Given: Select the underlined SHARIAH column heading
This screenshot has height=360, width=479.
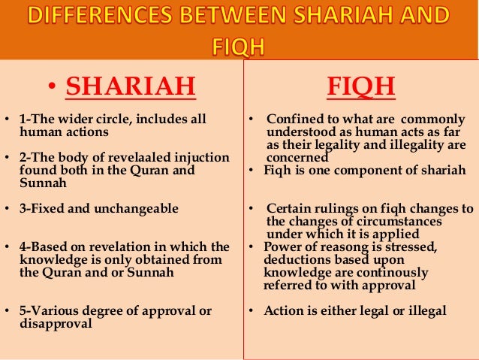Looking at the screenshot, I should click(x=131, y=86).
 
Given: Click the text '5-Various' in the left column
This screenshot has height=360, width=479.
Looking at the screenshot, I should click(x=47, y=310).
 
